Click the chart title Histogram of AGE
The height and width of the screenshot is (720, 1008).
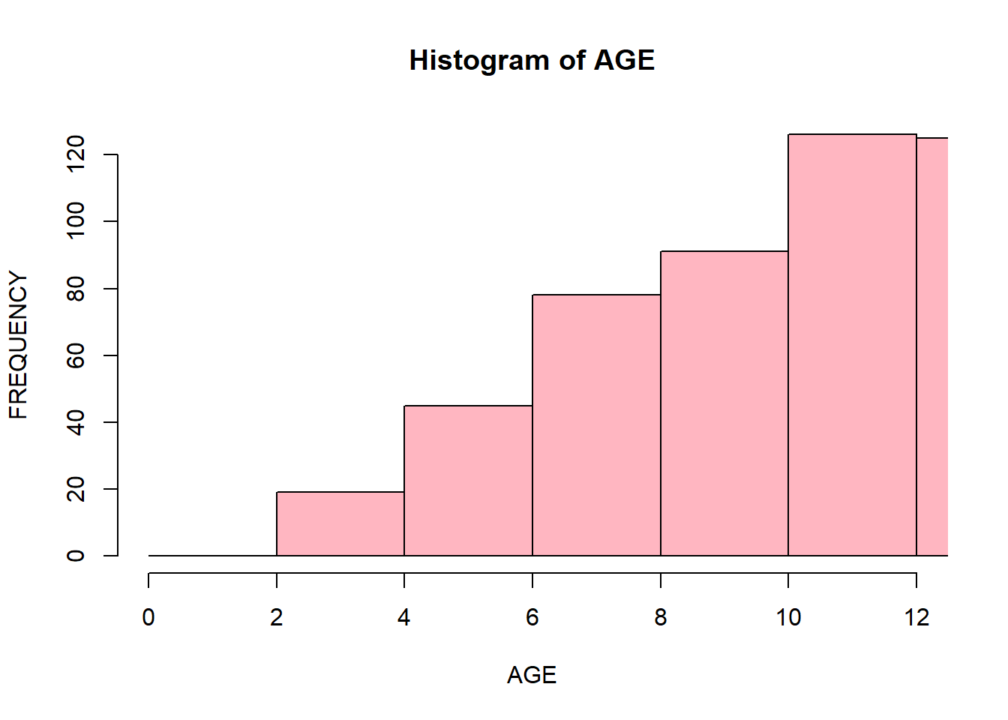click(x=532, y=61)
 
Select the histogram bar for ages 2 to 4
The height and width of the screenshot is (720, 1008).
click(x=340, y=523)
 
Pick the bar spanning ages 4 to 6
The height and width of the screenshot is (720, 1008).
click(x=468, y=481)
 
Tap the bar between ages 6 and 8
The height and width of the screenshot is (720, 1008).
click(x=596, y=425)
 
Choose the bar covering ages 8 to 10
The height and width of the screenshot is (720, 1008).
click(x=724, y=403)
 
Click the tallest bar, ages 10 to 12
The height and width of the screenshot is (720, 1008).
click(x=852, y=345)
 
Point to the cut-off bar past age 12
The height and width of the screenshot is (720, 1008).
click(x=932, y=347)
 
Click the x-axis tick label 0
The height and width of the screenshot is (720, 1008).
click(x=148, y=617)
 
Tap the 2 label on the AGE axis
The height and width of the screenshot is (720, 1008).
click(x=276, y=617)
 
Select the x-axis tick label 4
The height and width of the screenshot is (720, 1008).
click(x=404, y=617)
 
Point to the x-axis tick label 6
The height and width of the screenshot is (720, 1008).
click(x=532, y=617)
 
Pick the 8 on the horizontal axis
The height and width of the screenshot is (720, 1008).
click(x=661, y=617)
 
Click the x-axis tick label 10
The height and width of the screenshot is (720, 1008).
click(x=788, y=617)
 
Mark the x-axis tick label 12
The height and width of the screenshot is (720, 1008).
click(x=916, y=617)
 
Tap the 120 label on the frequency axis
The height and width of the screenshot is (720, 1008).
click(x=75, y=154)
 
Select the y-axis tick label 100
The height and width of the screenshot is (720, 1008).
click(x=75, y=221)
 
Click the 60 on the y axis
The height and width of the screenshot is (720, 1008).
click(x=75, y=355)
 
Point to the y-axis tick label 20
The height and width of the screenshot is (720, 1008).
click(x=75, y=489)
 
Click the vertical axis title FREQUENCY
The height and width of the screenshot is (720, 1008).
click(x=18, y=345)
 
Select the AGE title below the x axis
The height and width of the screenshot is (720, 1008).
click(x=532, y=675)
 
